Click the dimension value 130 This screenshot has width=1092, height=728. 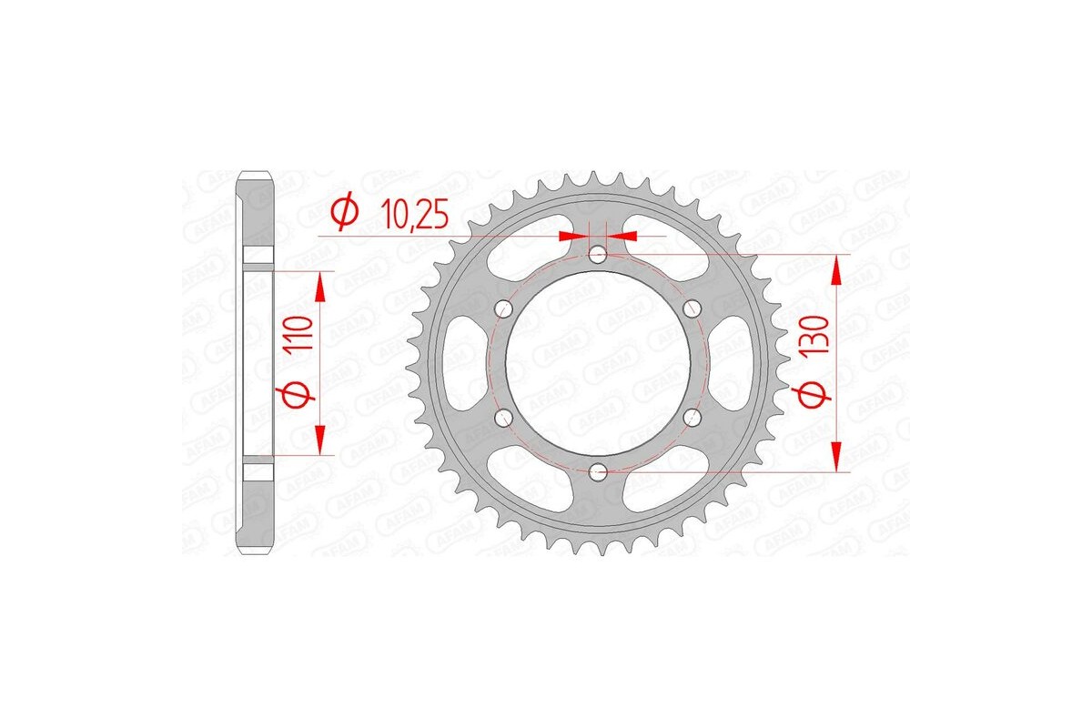[814, 336]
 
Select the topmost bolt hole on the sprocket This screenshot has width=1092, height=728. [598, 256]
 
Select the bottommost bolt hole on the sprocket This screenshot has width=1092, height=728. [598, 471]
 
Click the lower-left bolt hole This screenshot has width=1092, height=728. [503, 418]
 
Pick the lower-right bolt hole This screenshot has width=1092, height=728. [692, 418]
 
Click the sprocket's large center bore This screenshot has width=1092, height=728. [598, 364]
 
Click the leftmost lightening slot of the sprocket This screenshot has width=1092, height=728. [460, 363]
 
